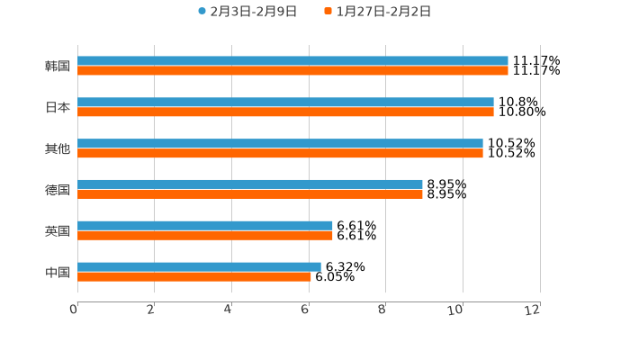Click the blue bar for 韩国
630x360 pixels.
click(292, 61)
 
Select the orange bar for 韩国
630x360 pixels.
click(292, 71)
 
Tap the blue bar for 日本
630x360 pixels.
click(285, 103)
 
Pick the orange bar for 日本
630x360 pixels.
click(285, 112)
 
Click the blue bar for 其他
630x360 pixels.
click(280, 144)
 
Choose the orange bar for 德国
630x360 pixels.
click(250, 194)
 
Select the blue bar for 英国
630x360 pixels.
click(205, 226)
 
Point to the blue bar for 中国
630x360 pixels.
click(199, 266)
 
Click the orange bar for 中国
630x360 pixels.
click(194, 276)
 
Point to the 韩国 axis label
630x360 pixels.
click(58, 67)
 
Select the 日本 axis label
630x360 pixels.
click(58, 108)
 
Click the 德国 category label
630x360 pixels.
click(58, 190)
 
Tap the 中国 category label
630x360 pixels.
click(58, 272)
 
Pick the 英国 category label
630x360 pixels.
click(58, 231)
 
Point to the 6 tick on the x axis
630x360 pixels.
click(305, 310)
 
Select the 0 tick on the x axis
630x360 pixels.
click(74, 310)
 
